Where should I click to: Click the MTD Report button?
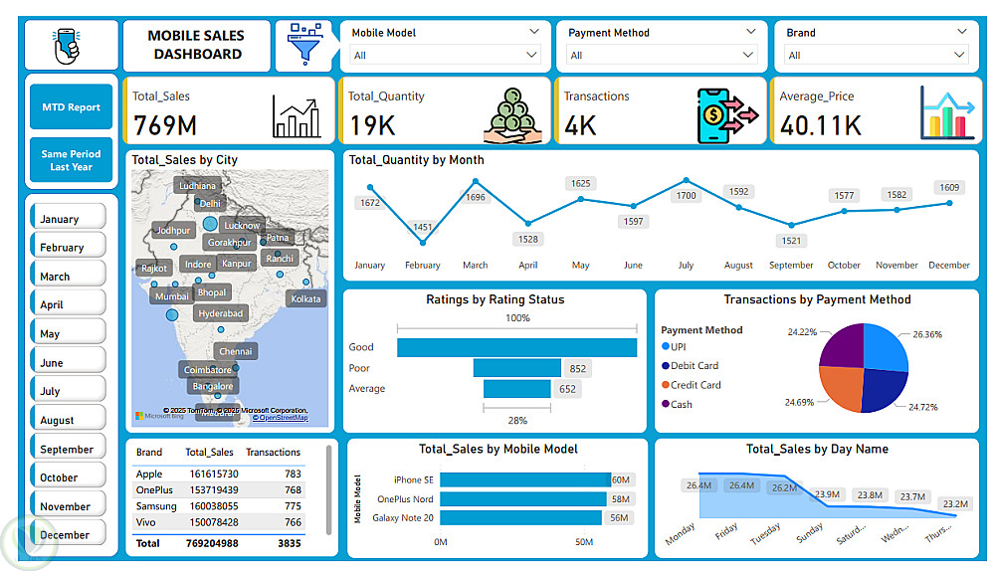point(71,107)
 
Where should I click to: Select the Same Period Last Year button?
point(71,161)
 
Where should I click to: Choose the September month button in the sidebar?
point(68,449)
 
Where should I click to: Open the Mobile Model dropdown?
point(444,55)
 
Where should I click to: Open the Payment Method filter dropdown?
point(661,55)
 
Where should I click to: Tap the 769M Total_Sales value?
point(165,125)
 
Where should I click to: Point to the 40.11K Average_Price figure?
point(821,125)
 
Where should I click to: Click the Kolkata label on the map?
point(305,298)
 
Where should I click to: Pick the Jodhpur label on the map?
point(173,231)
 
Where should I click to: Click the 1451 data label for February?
point(423,228)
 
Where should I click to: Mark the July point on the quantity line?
point(686,181)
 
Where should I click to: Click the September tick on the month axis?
point(791,266)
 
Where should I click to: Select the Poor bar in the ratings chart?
point(517,368)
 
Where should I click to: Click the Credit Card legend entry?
point(696,385)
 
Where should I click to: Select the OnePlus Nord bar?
point(523,498)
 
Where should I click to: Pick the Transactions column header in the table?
point(273,453)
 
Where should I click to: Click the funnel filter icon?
point(302,46)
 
